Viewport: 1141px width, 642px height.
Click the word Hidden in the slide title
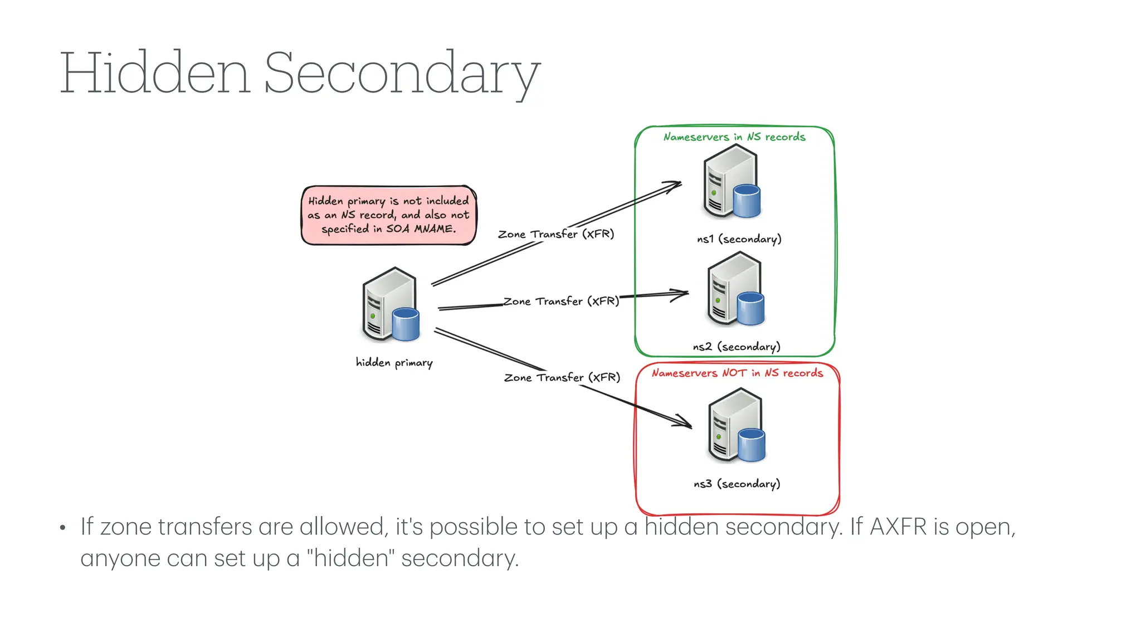coord(155,73)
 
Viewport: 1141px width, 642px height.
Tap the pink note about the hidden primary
coord(388,215)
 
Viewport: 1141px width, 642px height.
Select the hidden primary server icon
coord(390,305)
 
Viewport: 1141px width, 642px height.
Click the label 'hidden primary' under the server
coord(394,363)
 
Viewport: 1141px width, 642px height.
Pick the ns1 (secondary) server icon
coord(732,182)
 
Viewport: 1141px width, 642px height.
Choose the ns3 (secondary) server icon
coord(736,426)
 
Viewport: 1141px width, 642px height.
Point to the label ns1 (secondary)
coord(739,239)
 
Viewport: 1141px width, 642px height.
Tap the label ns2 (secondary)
coord(736,347)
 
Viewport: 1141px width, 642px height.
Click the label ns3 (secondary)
coord(737,484)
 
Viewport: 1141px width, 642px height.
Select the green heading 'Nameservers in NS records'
coord(734,137)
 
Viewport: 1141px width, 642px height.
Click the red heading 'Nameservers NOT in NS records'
coord(737,373)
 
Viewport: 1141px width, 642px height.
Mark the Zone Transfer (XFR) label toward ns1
coord(555,234)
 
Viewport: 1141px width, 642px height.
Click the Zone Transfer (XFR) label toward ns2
coord(561,301)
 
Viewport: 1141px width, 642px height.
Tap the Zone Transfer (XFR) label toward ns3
coord(562,378)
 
